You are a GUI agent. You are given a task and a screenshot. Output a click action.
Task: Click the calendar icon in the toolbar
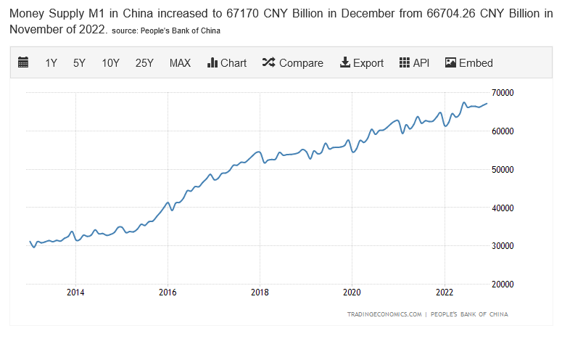click(x=23, y=63)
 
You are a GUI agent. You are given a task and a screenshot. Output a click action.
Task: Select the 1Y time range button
click(x=51, y=63)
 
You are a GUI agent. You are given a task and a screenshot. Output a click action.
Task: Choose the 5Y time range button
click(x=79, y=63)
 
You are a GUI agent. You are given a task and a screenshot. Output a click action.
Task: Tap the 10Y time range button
click(x=110, y=63)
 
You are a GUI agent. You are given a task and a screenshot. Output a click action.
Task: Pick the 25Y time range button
click(x=144, y=63)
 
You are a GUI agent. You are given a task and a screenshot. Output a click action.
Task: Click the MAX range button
click(x=180, y=63)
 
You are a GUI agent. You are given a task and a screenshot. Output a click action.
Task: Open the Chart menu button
click(x=227, y=63)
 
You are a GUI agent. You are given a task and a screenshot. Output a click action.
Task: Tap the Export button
click(x=362, y=63)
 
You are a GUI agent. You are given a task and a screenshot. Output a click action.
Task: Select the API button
click(x=415, y=63)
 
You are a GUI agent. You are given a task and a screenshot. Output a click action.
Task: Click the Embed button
click(x=469, y=63)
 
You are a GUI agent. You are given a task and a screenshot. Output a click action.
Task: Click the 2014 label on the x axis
click(x=75, y=292)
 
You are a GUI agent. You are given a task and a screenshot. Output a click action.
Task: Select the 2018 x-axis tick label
click(x=260, y=292)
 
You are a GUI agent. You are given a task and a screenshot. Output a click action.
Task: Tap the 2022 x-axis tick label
click(x=444, y=292)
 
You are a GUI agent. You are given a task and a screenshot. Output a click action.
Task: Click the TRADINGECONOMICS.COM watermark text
click(x=384, y=314)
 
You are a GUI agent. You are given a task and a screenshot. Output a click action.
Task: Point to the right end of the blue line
click(x=487, y=102)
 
